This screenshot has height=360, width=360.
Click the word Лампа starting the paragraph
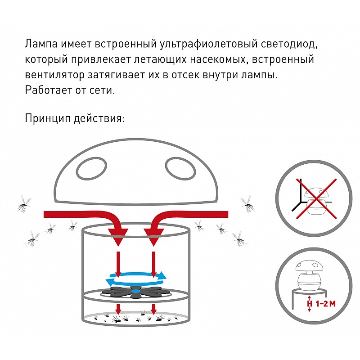(41, 44)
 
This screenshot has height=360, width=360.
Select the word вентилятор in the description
(54, 75)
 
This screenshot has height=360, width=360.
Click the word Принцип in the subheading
(48, 119)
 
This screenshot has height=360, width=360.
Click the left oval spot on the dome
(92, 169)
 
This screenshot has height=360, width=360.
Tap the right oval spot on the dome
(180, 169)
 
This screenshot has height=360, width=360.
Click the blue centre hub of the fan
(136, 291)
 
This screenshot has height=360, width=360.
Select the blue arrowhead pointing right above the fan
(162, 275)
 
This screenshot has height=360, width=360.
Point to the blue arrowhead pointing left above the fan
(109, 282)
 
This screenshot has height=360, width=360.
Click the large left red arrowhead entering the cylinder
(118, 237)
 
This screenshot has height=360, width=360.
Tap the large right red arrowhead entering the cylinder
(153, 237)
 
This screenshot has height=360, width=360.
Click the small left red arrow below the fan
(118, 309)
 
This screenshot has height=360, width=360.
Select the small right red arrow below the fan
(153, 309)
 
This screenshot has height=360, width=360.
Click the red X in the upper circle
(316, 198)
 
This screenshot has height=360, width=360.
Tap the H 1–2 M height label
(321, 304)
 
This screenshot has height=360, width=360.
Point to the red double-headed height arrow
(310, 303)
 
